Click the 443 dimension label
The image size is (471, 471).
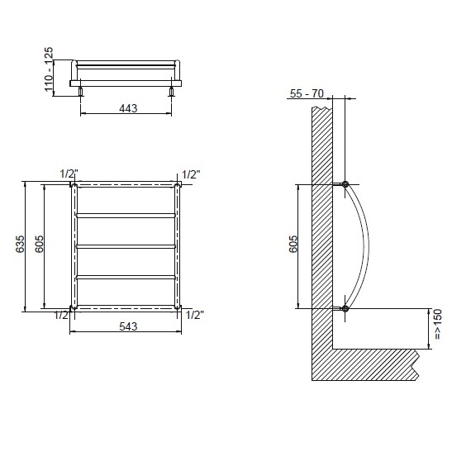(128, 108)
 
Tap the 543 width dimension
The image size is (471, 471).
(128, 326)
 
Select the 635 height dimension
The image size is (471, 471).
(21, 245)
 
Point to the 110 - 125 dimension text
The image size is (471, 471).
(49, 69)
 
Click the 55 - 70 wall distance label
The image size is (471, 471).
(307, 93)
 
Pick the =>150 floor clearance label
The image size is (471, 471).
(438, 325)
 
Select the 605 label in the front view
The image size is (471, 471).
(39, 245)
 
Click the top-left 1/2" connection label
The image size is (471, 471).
(69, 174)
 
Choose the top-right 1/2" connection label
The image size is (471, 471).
(191, 174)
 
